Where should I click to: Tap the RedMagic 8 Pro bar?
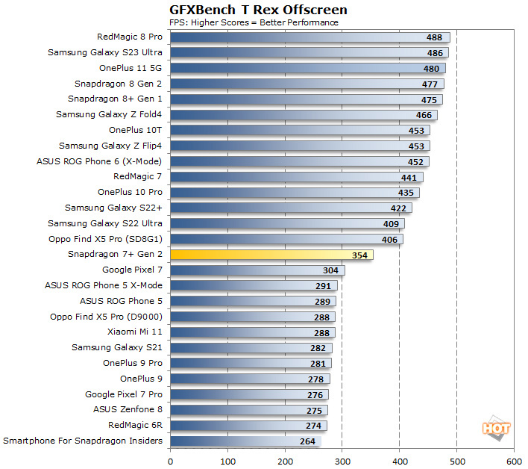310,37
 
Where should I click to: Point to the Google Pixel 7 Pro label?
123,394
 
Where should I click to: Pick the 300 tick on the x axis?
342,462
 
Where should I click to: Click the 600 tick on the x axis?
514,462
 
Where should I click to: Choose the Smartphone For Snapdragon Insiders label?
83,441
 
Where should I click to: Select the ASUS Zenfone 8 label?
128,409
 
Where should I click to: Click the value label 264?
307,441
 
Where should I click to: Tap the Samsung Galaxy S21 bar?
251,347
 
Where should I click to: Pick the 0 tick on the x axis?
171,462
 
